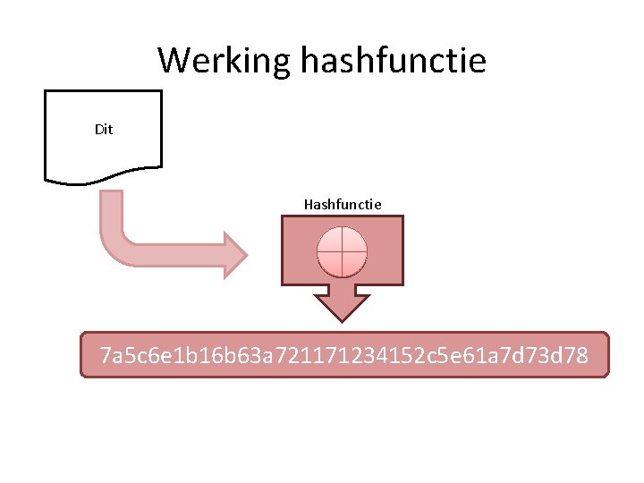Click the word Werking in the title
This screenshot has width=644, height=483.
click(225, 61)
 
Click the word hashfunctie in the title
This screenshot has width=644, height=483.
click(393, 61)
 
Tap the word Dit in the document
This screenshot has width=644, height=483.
click(104, 130)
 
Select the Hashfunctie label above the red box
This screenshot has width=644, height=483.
click(343, 205)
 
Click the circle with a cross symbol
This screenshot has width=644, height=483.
click(343, 250)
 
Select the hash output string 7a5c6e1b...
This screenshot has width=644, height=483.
click(345, 356)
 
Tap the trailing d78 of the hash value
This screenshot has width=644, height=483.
click(569, 356)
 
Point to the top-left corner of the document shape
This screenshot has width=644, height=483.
click(46, 91)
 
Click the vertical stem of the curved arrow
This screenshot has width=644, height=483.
click(111, 215)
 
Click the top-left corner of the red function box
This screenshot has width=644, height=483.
click(284, 217)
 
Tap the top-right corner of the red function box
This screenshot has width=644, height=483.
click(402, 217)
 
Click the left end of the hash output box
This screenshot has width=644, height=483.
click(83, 355)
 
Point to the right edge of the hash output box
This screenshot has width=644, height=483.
click(607, 355)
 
